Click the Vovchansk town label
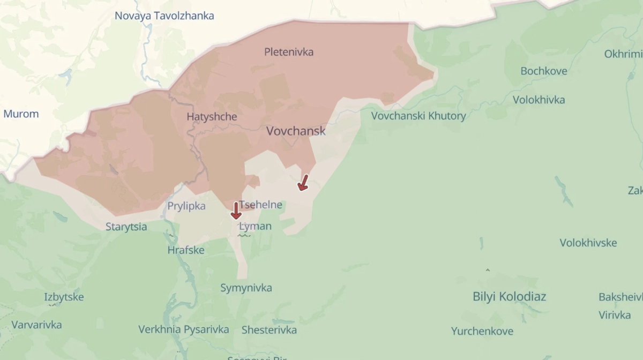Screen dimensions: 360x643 point(296,131)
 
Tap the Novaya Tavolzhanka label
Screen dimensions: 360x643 point(164,16)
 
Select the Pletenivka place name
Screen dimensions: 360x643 point(289,52)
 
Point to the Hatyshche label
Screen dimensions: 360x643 point(212,116)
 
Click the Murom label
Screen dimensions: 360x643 point(21,114)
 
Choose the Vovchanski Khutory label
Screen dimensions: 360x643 point(418,115)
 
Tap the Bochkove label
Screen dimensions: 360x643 point(543,71)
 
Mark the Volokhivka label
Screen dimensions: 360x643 point(539,100)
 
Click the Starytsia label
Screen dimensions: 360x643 point(126,227)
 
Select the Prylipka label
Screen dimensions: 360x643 point(186,206)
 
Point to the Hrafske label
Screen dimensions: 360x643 point(186,250)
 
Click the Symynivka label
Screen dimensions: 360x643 point(246,288)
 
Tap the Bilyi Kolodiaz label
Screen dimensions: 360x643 point(509,296)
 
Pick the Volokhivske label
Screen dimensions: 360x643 point(588,243)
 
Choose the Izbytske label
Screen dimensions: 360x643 point(64,297)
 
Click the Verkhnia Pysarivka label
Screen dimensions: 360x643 point(183,329)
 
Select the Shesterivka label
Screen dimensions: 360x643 point(269,329)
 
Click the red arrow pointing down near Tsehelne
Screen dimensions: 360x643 point(235,211)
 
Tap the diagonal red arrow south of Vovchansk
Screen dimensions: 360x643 point(303,183)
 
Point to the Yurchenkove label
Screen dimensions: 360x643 point(482,331)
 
